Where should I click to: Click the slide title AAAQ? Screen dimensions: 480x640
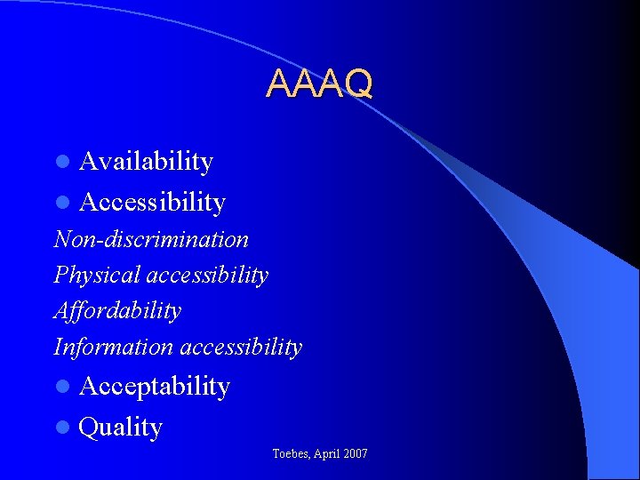[319, 84]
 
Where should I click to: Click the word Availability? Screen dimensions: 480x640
[146, 162]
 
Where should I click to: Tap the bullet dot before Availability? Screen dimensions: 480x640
[61, 163]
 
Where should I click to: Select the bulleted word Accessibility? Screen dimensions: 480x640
[152, 203]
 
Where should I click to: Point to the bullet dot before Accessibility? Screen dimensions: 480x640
[61, 204]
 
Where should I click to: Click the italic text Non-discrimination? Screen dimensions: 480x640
[151, 239]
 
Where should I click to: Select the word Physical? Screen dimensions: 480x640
[97, 276]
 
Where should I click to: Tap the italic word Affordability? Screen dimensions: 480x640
[117, 311]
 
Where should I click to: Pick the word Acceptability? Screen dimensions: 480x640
[154, 387]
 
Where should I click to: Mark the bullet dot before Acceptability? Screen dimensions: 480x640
[61, 388]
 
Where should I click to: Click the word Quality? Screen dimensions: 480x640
[120, 428]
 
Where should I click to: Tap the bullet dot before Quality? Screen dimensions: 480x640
[61, 428]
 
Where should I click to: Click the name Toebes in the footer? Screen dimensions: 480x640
[291, 454]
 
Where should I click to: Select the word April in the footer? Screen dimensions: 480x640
[326, 454]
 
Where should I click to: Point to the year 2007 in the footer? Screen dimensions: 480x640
[356, 454]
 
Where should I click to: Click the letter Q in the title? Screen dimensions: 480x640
[358, 84]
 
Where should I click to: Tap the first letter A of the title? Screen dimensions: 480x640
[279, 84]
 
